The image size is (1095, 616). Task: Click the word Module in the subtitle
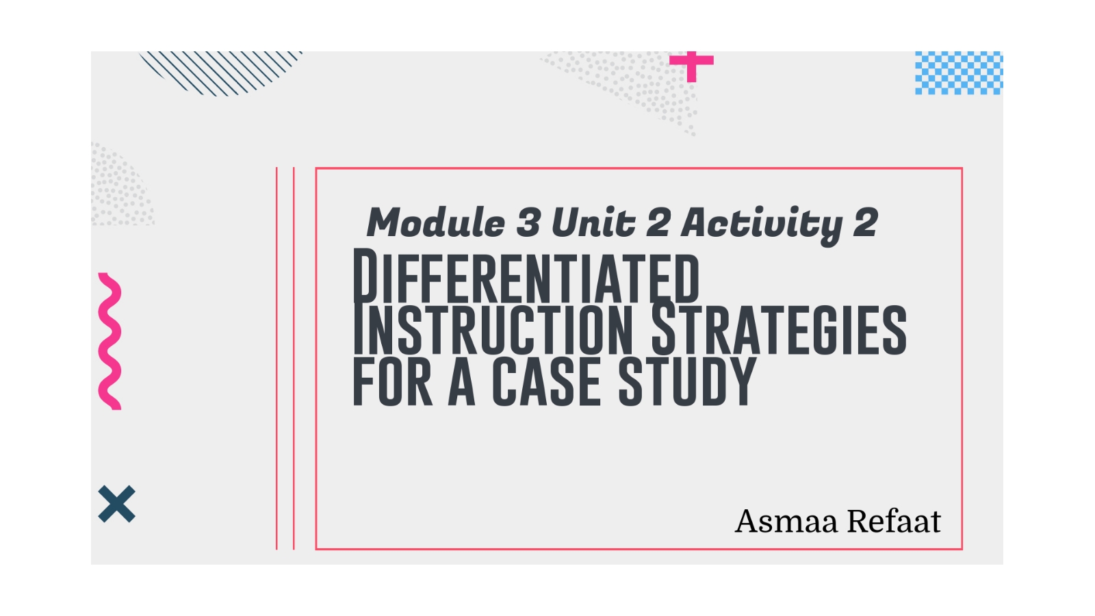click(436, 222)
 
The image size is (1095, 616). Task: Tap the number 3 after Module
click(528, 222)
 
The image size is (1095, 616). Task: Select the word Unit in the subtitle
click(593, 222)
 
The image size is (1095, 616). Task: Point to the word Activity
click(762, 224)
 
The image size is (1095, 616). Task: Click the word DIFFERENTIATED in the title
click(526, 277)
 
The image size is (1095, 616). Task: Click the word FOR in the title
click(392, 382)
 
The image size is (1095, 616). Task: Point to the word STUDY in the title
click(687, 382)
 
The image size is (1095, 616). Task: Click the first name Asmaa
click(786, 522)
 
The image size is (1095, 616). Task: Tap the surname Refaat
click(894, 522)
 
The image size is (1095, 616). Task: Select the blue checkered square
click(958, 73)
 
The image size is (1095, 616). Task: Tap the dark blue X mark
click(117, 504)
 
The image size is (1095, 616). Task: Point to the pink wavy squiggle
click(110, 341)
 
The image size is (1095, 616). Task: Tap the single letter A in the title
click(462, 382)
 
